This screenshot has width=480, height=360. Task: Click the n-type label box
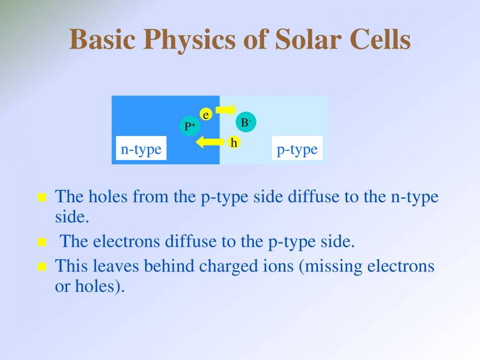(x=141, y=149)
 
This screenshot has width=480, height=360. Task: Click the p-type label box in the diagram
(x=297, y=149)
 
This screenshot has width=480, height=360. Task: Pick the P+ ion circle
(x=190, y=126)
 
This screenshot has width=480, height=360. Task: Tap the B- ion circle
(x=245, y=122)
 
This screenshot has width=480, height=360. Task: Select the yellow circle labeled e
(x=206, y=114)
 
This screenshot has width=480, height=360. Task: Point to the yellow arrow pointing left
(x=209, y=142)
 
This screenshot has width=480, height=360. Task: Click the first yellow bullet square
(x=43, y=198)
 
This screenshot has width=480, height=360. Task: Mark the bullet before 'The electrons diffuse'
(x=43, y=243)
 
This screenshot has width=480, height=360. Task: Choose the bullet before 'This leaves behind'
(x=43, y=267)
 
